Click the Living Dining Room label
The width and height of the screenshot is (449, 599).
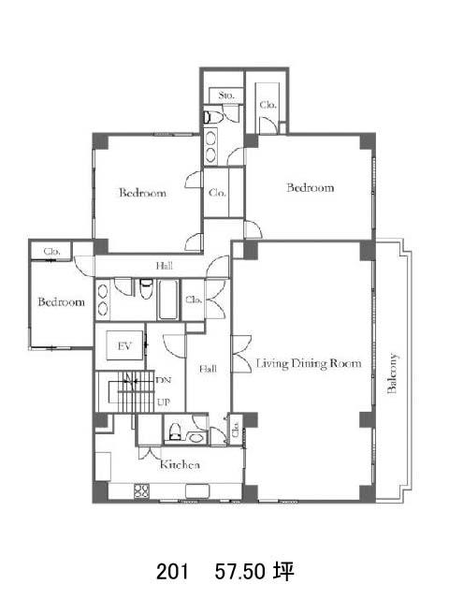point(309,363)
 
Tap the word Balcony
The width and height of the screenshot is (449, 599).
point(392,373)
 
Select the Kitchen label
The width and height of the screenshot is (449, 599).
point(180,464)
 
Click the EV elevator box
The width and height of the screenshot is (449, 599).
point(124,346)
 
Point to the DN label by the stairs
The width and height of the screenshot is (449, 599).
point(164,380)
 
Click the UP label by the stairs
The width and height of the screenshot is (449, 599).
point(164,402)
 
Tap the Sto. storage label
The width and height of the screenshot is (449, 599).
point(226,95)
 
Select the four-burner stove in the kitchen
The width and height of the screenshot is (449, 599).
point(141,490)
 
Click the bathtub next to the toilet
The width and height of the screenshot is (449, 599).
point(168,299)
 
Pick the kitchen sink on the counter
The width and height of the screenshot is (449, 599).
point(197,490)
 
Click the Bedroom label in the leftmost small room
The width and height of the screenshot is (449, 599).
point(61,302)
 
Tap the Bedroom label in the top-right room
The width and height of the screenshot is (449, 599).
point(310,187)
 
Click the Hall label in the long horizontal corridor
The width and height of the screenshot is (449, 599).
point(165,266)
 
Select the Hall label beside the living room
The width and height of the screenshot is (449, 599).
point(208,369)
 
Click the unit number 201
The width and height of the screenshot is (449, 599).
point(172,572)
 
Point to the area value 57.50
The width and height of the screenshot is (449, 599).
point(240,572)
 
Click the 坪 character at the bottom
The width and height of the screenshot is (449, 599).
point(283,572)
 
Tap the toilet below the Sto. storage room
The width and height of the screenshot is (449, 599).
point(213,117)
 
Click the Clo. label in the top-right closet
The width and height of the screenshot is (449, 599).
point(268,104)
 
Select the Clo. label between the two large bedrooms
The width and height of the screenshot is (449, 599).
point(217,193)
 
